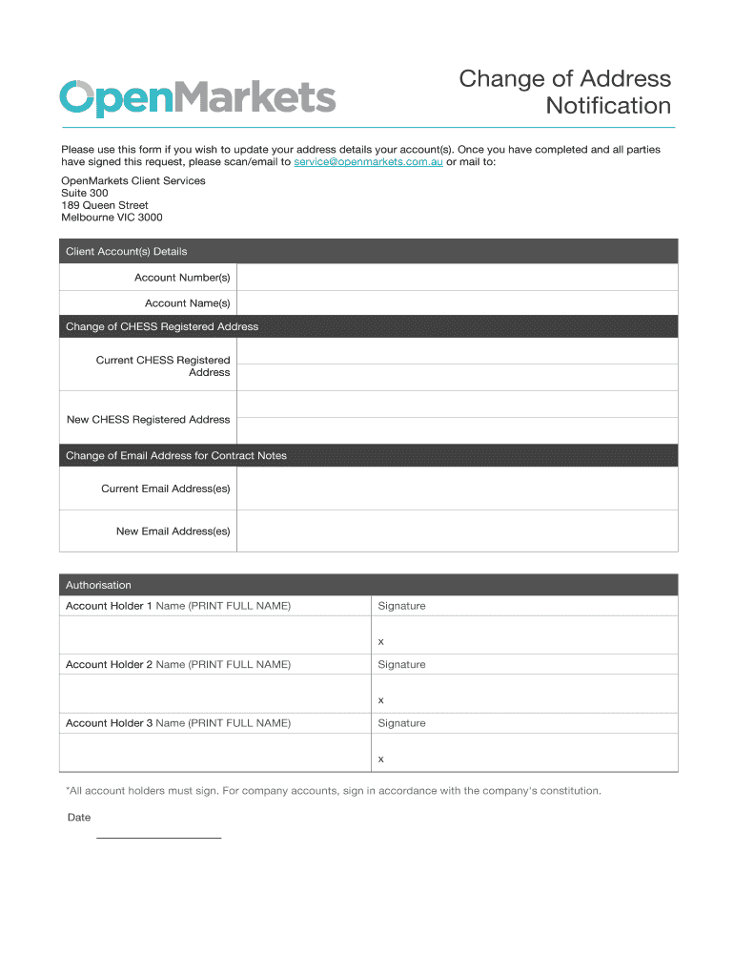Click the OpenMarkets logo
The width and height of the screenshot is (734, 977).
click(x=197, y=97)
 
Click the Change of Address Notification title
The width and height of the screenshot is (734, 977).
click(x=564, y=92)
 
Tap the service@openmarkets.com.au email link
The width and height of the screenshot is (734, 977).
click(x=368, y=162)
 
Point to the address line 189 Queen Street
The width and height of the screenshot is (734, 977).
click(x=105, y=205)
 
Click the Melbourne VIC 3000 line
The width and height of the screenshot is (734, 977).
click(x=112, y=218)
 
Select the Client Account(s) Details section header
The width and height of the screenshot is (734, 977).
click(x=368, y=252)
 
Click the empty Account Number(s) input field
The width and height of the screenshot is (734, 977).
click(x=457, y=278)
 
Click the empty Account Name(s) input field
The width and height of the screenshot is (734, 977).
click(x=457, y=303)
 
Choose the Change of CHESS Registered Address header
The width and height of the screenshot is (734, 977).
click(x=368, y=326)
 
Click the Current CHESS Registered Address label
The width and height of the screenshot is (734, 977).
click(x=163, y=366)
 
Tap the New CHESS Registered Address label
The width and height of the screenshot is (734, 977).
click(x=149, y=420)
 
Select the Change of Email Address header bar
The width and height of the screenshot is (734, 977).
click(x=368, y=456)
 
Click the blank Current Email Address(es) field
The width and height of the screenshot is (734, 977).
click(x=457, y=488)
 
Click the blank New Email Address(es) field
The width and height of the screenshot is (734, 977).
click(x=457, y=531)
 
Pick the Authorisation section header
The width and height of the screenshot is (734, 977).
click(x=368, y=585)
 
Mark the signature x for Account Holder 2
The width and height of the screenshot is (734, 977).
click(x=381, y=700)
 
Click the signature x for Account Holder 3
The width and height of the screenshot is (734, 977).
click(x=381, y=759)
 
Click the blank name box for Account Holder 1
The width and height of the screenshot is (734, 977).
click(x=214, y=634)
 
